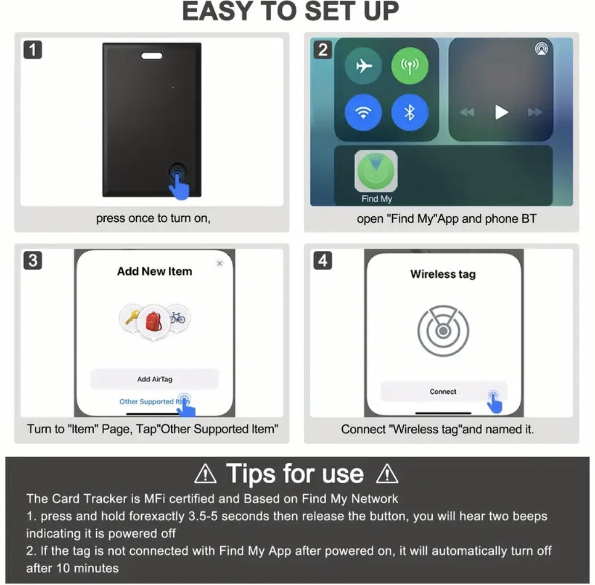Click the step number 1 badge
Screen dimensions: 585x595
tap(33, 50)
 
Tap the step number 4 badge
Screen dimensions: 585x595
tap(322, 260)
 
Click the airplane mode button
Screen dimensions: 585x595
tap(363, 66)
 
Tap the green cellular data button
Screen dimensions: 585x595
tap(409, 66)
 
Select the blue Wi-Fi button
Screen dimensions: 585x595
tap(363, 112)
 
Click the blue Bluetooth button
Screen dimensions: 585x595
tap(409, 112)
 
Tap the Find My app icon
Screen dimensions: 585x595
tap(376, 171)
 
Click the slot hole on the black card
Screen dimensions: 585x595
tap(152, 55)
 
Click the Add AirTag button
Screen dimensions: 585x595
tap(155, 379)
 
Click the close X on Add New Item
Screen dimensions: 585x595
tap(220, 264)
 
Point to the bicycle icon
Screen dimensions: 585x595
tap(177, 318)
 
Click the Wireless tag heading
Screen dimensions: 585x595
tap(443, 274)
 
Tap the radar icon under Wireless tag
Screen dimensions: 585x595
tap(443, 331)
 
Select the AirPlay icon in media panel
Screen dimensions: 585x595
tap(541, 49)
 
